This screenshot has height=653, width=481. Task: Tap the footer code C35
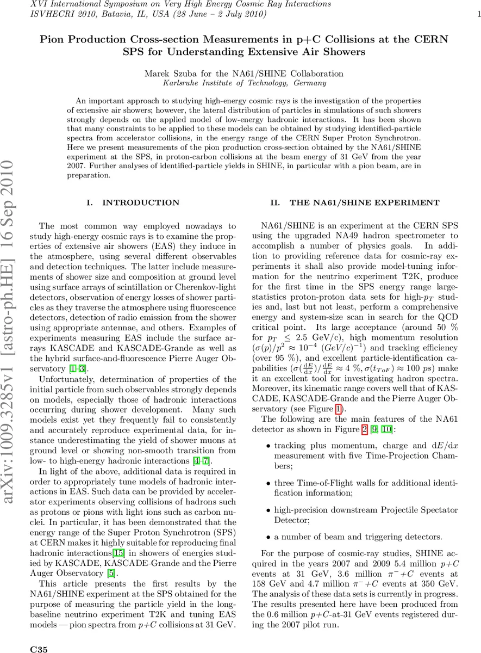[38, 649]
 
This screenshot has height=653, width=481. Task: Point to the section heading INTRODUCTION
[141, 202]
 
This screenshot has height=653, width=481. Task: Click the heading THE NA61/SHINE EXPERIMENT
[364, 202]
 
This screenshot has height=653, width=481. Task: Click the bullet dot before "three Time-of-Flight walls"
[268, 483]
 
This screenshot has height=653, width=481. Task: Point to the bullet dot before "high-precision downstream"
[268, 510]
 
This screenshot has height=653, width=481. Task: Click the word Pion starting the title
[54, 40]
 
